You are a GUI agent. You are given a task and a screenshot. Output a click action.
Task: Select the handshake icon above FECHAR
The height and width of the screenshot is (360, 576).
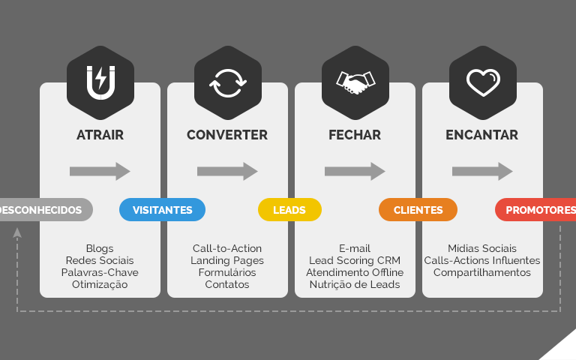coord(355,83)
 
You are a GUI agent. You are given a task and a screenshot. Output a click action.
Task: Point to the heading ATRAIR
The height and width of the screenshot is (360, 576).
coord(100,135)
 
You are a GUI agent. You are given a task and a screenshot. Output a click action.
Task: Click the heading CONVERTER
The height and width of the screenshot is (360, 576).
coord(227,135)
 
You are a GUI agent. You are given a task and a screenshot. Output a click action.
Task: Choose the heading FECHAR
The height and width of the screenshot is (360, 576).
coord(355,135)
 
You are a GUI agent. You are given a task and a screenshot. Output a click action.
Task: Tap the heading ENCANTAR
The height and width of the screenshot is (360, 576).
coord(482,135)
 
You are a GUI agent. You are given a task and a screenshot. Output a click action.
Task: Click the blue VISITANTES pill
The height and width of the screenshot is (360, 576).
coord(162,210)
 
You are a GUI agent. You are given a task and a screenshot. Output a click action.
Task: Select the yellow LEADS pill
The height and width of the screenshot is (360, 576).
coord(289,210)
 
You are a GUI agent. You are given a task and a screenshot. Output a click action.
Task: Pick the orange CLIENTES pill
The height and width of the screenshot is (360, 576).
coord(418,210)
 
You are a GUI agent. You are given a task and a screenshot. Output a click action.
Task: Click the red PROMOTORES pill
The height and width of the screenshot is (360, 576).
coord(535,210)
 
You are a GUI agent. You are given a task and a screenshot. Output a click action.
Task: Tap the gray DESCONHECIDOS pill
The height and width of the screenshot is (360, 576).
coord(46,210)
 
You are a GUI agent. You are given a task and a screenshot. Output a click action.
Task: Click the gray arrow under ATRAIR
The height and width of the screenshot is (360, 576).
coord(100,171)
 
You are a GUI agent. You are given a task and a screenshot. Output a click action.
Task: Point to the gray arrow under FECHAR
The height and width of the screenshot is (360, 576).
coord(355,171)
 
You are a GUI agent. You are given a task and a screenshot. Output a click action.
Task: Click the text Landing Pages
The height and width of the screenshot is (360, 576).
coord(227,260)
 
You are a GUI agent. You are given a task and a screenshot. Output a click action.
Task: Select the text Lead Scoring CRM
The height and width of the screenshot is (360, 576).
coord(355,260)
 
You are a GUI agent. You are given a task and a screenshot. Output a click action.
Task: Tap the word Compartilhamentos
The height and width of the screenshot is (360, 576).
coord(482,272)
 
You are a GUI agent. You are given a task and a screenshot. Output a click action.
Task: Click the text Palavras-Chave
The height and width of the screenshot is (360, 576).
coord(100,272)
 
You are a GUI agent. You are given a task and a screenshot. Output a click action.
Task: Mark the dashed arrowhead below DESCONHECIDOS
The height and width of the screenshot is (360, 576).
coord(17,232)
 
